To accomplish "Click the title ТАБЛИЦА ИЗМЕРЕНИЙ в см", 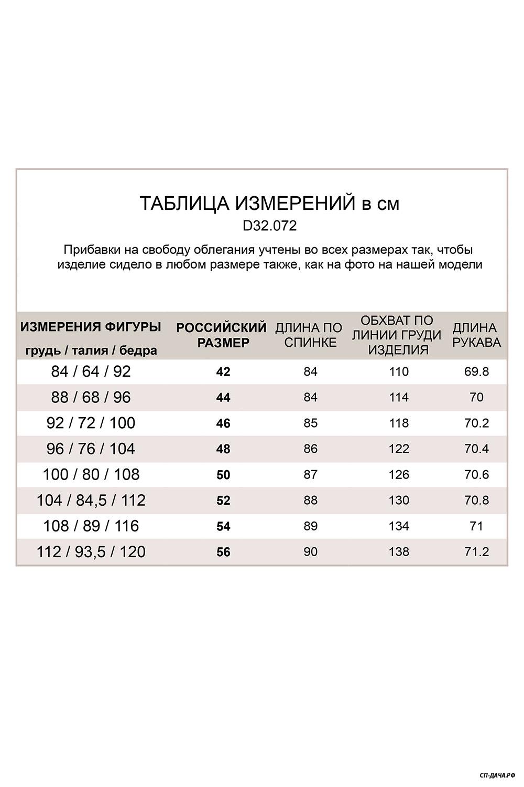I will click(269, 204).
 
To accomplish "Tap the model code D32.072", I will click(270, 226).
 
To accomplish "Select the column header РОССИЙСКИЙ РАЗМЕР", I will click(222, 335).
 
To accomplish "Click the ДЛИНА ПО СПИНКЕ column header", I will click(309, 335).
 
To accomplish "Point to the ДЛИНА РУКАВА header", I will click(476, 335).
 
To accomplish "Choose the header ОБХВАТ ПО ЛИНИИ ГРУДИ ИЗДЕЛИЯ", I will click(397, 335).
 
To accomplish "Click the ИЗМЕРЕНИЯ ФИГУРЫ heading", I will click(91, 327).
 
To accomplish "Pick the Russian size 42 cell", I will click(223, 372).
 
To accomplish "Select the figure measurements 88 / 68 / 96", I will click(91, 397).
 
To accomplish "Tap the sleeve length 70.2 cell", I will click(476, 423).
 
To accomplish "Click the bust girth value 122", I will click(399, 449).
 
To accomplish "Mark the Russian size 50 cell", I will click(223, 475).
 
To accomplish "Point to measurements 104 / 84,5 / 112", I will click(91, 500).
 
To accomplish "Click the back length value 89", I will click(310, 526).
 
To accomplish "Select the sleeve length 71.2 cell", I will click(476, 551).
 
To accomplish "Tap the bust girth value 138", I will click(399, 551).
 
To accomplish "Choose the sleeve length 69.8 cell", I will click(476, 371).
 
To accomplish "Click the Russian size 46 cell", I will click(223, 423).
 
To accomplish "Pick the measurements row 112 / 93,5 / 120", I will click(91, 551).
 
